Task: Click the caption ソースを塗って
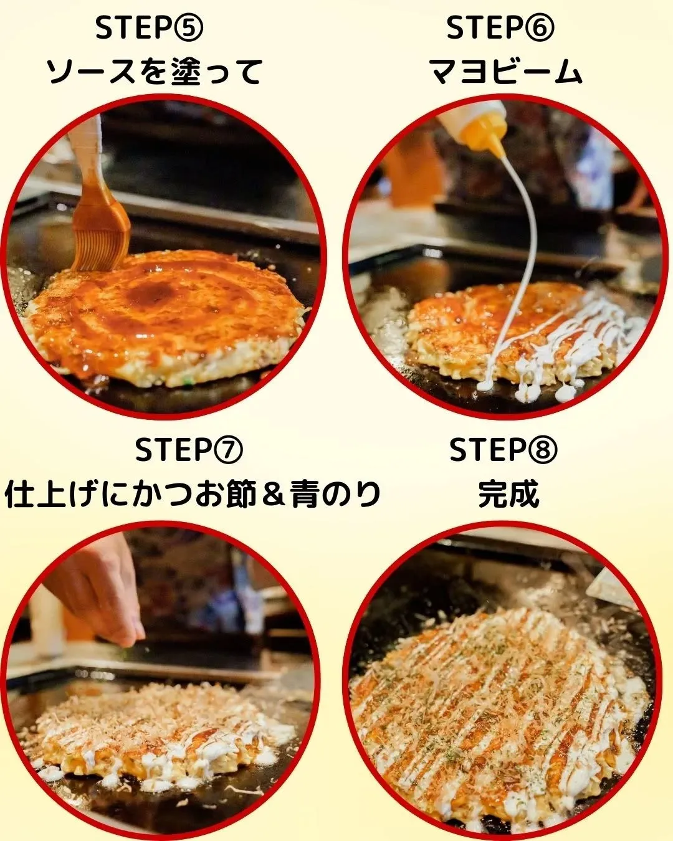pos(155,72)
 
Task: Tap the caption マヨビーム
pos(506,72)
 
